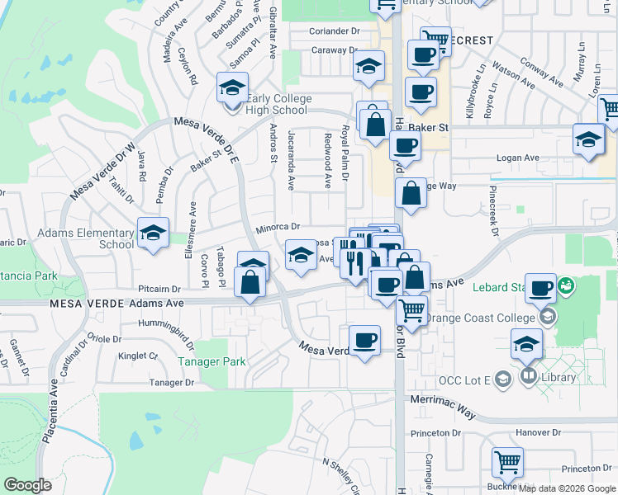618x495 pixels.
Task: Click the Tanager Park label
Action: (212, 361)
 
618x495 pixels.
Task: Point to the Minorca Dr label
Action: (277, 226)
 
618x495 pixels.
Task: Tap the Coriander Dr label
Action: (336, 31)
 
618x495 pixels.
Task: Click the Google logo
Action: (27, 484)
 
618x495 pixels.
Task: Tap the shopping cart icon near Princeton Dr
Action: (506, 463)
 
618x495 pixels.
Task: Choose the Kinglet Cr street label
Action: (137, 356)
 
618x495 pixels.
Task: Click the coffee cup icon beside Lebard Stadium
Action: (540, 288)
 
